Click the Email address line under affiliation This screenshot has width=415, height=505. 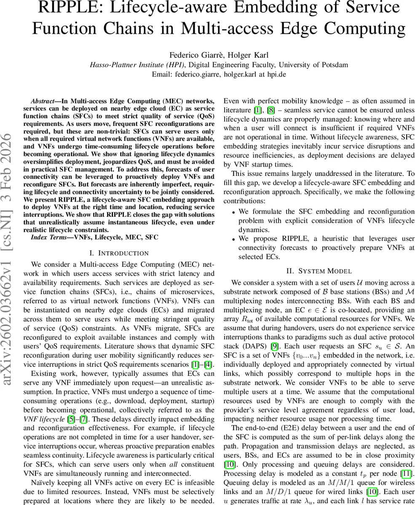[207, 74]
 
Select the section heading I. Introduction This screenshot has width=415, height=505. [119, 253]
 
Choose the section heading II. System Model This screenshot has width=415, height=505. [319, 271]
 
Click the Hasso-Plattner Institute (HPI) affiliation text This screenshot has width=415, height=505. [138, 64]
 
